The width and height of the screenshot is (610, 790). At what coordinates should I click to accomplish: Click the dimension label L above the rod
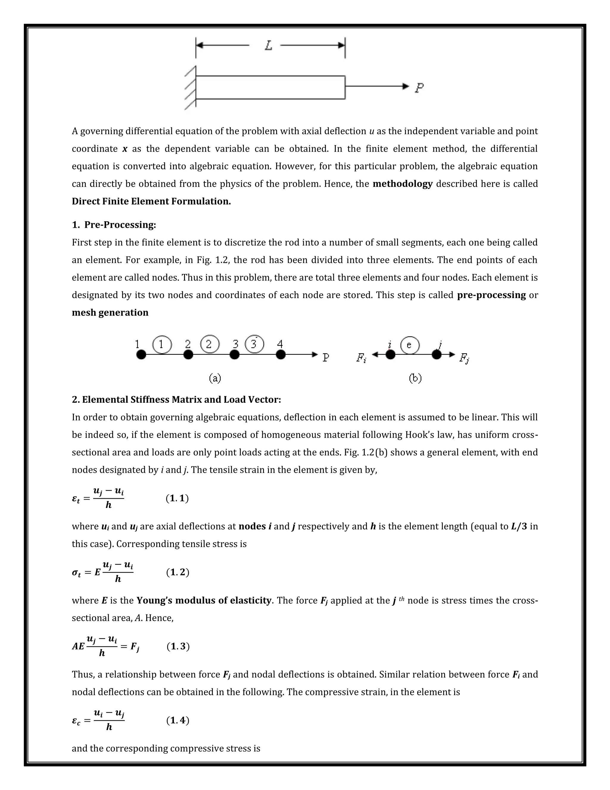[268, 46]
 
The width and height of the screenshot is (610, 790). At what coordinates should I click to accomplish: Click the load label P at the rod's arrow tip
[419, 88]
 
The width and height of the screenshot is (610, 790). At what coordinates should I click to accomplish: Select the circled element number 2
[210, 344]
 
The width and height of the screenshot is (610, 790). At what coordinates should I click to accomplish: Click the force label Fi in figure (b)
[361, 358]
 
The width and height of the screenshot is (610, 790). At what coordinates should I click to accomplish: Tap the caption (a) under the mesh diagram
[215, 378]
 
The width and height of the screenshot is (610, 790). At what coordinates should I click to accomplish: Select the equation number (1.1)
[177, 498]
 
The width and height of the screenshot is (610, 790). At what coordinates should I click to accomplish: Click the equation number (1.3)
[178, 646]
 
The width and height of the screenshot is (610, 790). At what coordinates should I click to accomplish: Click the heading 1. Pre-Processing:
[114, 225]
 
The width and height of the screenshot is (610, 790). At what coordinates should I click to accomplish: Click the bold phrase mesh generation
[110, 312]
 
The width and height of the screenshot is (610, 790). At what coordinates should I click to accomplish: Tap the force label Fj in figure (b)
[464, 358]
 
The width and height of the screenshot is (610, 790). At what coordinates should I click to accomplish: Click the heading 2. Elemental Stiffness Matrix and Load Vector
[176, 400]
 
